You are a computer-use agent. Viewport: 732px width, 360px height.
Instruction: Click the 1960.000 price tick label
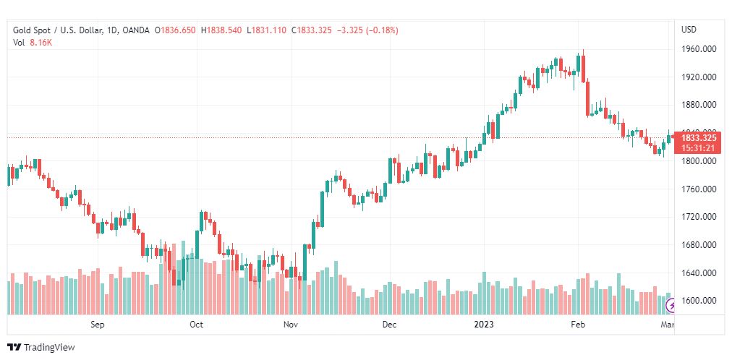pyautogui.click(x=699, y=49)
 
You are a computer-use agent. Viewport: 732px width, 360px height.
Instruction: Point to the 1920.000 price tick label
pyautogui.click(x=699, y=77)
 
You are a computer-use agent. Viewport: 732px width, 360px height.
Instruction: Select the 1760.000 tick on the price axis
pyautogui.click(x=699, y=189)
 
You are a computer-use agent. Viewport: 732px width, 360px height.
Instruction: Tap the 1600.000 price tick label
pyautogui.click(x=699, y=301)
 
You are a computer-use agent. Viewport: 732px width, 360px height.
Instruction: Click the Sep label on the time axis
pyautogui.click(x=98, y=325)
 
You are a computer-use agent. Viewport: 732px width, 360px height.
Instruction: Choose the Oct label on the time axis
pyautogui.click(x=196, y=325)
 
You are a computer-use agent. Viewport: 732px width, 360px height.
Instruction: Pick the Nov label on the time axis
pyautogui.click(x=291, y=325)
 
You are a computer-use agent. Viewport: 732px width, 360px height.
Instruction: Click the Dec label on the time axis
pyautogui.click(x=390, y=325)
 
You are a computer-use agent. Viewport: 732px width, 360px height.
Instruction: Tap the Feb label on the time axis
pyautogui.click(x=577, y=325)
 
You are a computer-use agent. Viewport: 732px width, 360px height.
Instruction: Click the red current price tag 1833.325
pyautogui.click(x=699, y=137)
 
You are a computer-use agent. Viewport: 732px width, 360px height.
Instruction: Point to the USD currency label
pyautogui.click(x=689, y=30)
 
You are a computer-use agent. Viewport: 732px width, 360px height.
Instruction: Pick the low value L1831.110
pyautogui.click(x=267, y=30)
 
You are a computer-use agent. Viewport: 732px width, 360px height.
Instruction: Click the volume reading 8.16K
pyautogui.click(x=41, y=43)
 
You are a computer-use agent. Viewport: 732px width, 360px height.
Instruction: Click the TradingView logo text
pyautogui.click(x=49, y=348)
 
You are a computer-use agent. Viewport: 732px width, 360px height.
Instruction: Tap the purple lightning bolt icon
pyautogui.click(x=673, y=306)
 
